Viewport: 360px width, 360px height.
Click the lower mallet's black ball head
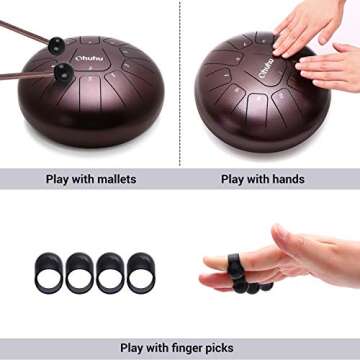click(64, 71)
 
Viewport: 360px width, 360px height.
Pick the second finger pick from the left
click(80, 272)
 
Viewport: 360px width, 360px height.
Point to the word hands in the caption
click(286, 180)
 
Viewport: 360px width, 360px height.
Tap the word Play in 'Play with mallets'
click(59, 180)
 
